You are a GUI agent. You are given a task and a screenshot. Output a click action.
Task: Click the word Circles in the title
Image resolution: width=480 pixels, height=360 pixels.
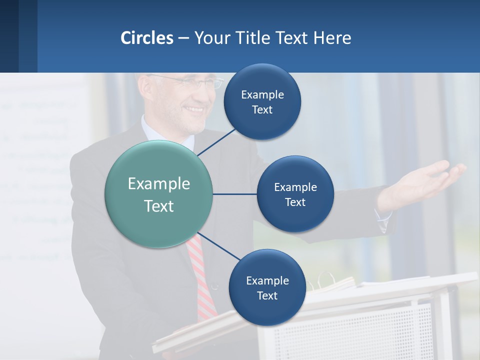click(x=146, y=38)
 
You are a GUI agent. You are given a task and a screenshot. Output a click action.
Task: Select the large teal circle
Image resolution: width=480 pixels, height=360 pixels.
click(x=158, y=194)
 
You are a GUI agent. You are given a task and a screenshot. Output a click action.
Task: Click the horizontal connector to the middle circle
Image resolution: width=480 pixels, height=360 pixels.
click(x=234, y=194)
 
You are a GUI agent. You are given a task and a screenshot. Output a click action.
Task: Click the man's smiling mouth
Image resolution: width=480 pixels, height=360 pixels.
click(x=194, y=109)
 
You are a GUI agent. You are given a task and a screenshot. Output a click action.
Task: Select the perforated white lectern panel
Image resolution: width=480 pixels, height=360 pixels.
click(x=350, y=330)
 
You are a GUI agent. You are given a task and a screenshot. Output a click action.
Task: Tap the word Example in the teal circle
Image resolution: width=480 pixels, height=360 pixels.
click(x=158, y=184)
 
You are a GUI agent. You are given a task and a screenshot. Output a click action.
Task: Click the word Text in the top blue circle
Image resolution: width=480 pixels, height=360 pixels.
click(x=262, y=110)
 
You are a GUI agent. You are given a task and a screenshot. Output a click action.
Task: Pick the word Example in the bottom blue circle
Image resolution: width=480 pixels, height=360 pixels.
click(x=267, y=281)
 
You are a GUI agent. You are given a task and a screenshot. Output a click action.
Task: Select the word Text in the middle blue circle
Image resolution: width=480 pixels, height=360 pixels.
click(x=295, y=202)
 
